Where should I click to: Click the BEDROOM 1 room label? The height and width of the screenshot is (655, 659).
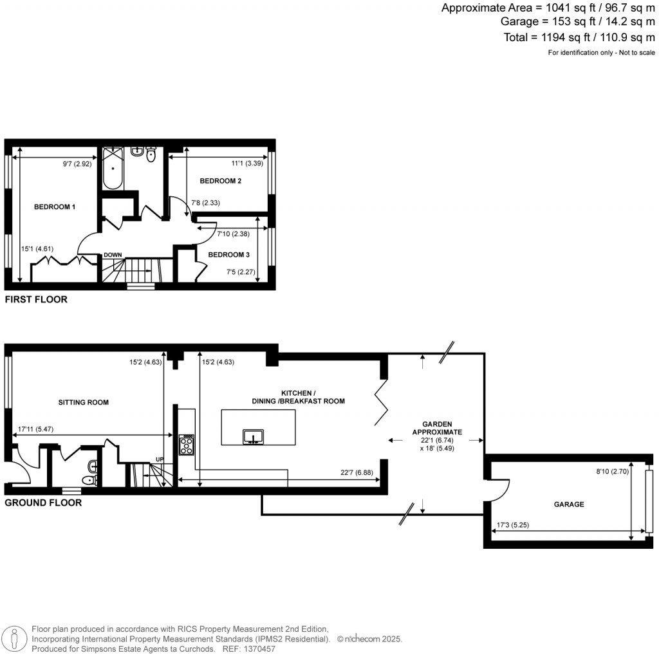click(55, 207)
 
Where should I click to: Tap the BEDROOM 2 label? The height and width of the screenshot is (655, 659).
click(220, 181)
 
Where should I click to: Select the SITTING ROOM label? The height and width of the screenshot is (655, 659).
click(84, 402)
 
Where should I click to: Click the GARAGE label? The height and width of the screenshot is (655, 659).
click(570, 504)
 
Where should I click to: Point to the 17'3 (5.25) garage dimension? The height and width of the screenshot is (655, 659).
click(513, 525)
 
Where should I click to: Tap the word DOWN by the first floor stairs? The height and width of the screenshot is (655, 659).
click(113, 255)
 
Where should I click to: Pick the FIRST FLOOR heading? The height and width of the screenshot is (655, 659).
click(36, 299)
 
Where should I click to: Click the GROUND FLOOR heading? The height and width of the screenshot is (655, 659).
click(43, 503)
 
